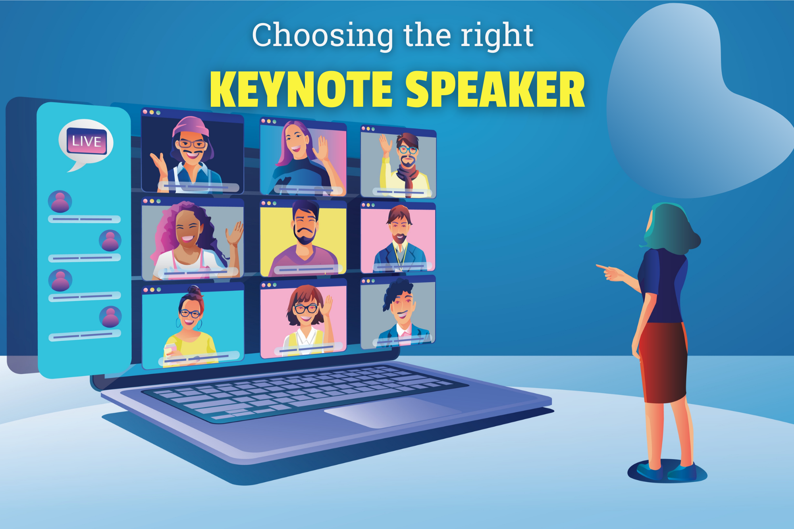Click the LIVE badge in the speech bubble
pyautogui.click(x=87, y=141)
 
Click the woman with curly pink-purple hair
pyautogui.click(x=190, y=240)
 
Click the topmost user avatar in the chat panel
pyautogui.click(x=60, y=201)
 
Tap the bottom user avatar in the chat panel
pyautogui.click(x=110, y=317)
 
